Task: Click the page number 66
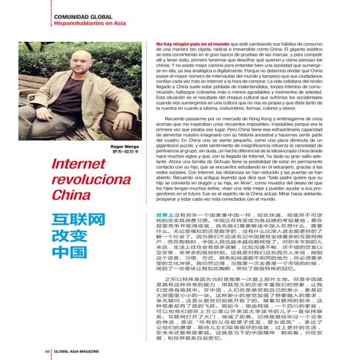point(47,352)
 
